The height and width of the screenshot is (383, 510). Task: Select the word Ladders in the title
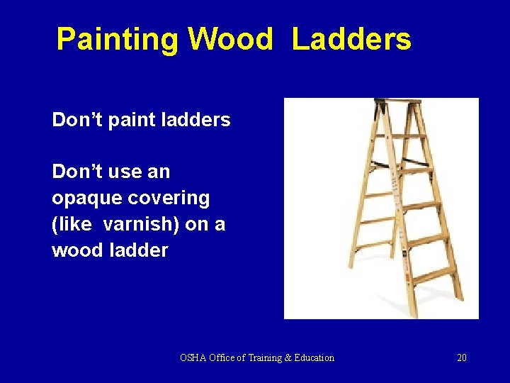point(351,40)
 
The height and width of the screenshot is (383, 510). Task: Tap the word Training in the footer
point(263,358)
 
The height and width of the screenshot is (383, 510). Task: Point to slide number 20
point(462,358)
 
